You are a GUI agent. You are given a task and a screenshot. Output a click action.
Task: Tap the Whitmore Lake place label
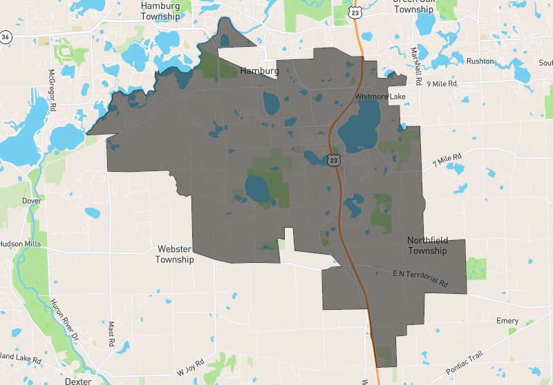[380, 97]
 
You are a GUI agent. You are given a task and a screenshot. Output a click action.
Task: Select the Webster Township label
[174, 254]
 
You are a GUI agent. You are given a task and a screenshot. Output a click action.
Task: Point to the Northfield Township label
[427, 246]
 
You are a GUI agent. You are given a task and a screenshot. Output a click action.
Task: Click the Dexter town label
[77, 380]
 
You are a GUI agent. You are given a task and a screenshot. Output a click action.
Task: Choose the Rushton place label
[480, 61]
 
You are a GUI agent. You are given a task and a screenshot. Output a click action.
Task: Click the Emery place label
[507, 322]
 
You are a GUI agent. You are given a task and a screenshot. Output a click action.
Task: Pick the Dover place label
[32, 201]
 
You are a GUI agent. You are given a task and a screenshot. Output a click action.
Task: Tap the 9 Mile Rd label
[442, 83]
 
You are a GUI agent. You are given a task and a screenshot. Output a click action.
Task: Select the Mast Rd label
[111, 334]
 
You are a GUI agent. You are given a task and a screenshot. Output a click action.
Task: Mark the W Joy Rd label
[190, 366]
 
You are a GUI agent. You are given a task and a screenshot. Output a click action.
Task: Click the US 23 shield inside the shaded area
[334, 160]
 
